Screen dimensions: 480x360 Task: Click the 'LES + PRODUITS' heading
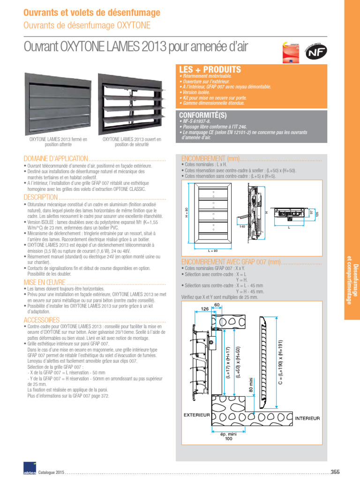click(210, 70)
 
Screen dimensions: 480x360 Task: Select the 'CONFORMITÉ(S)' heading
click(202, 114)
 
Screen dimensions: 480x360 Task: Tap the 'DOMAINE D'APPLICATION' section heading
click(56, 158)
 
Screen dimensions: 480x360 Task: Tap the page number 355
click(335, 472)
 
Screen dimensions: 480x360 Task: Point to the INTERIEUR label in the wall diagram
click(307, 417)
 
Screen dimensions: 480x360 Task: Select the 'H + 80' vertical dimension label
click(186, 212)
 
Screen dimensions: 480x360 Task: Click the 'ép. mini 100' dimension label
click(228, 436)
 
